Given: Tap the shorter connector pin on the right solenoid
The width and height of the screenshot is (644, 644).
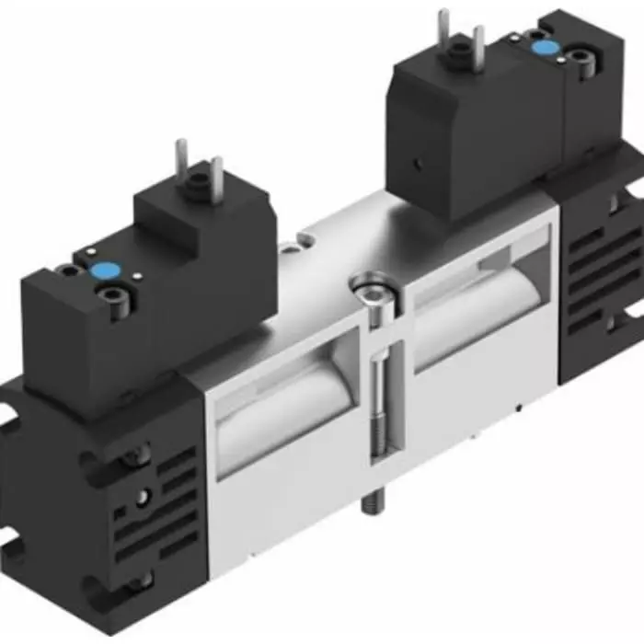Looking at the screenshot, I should [x=478, y=40].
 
